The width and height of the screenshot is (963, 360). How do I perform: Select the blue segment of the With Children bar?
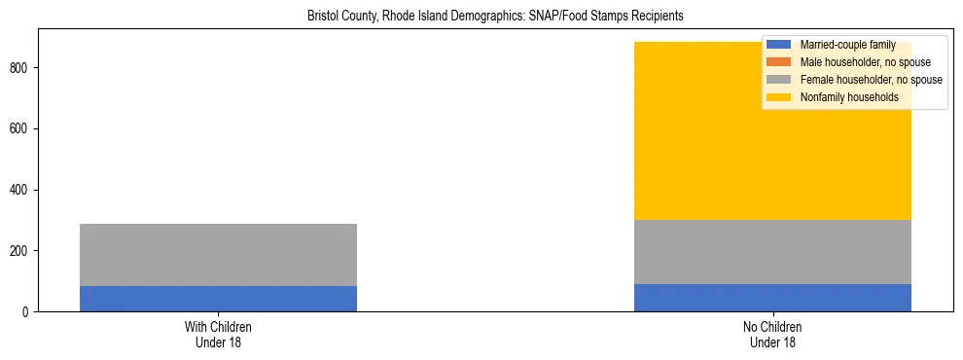[218, 299]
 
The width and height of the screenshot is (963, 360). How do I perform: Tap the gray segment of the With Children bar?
[218, 255]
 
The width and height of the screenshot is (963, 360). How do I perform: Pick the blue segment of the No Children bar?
[772, 298]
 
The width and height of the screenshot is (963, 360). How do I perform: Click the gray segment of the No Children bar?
[772, 252]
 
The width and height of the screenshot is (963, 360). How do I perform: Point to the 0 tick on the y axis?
[27, 312]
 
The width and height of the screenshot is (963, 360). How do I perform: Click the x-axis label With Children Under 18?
[218, 335]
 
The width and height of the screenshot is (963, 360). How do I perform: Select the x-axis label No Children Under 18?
[772, 335]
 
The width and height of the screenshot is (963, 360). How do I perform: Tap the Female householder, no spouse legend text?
[871, 80]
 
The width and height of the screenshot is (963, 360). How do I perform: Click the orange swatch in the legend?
[779, 62]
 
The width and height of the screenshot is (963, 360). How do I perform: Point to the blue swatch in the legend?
[779, 45]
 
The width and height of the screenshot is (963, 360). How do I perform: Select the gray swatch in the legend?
[779, 80]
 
